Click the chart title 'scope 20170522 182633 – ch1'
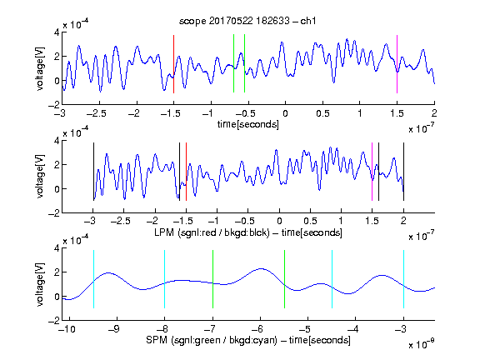[x=247, y=21]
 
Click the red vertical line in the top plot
[x=173, y=64]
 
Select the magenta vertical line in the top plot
[x=397, y=64]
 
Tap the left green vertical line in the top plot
[x=233, y=63]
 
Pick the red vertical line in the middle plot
[x=186, y=172]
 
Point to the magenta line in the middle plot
[x=372, y=172]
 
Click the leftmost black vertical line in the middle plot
[x=93, y=172]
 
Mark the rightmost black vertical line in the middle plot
[x=403, y=172]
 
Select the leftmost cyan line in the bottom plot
[x=93, y=279]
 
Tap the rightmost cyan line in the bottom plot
[x=403, y=279]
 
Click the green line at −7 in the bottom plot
[x=212, y=279]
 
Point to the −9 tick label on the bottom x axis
[x=114, y=329]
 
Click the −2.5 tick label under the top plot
[x=97, y=113]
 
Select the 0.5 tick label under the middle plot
[x=310, y=221]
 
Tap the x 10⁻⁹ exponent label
[x=421, y=344]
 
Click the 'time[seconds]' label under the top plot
[x=248, y=124]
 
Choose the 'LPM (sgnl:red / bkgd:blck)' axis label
[x=212, y=232]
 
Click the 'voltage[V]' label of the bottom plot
[x=40, y=284]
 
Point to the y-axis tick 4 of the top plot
[x=57, y=32]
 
